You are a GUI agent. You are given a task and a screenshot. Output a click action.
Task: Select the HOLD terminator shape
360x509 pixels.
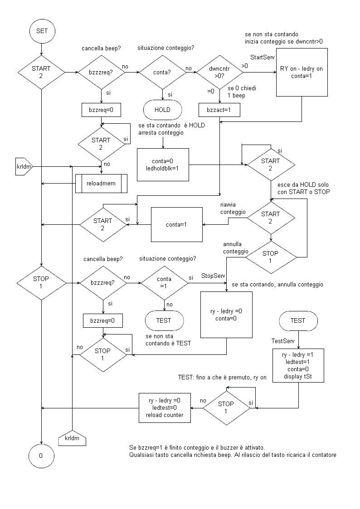tap(163, 109)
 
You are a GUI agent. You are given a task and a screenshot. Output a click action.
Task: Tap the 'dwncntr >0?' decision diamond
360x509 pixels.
tap(219, 72)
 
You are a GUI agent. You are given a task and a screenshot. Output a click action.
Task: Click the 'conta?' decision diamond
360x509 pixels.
tap(163, 72)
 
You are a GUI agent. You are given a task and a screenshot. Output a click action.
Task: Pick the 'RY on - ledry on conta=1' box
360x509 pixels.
tap(301, 73)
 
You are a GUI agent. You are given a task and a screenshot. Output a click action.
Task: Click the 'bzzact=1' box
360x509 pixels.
tap(219, 110)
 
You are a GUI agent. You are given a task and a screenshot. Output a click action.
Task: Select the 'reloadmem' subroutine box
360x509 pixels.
tap(101, 183)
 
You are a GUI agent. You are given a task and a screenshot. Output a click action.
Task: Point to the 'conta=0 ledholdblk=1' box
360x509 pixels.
tap(163, 164)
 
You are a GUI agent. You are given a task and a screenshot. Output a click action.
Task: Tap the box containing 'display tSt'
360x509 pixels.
tap(298, 365)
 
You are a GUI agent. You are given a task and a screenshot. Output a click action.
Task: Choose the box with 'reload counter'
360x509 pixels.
tap(165, 407)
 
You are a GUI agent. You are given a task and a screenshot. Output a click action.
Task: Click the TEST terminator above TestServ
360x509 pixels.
tap(298, 320)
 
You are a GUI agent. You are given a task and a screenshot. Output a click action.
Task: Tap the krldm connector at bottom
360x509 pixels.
tap(72, 438)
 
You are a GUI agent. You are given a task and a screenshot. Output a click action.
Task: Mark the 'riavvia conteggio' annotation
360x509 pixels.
tap(232, 208)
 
